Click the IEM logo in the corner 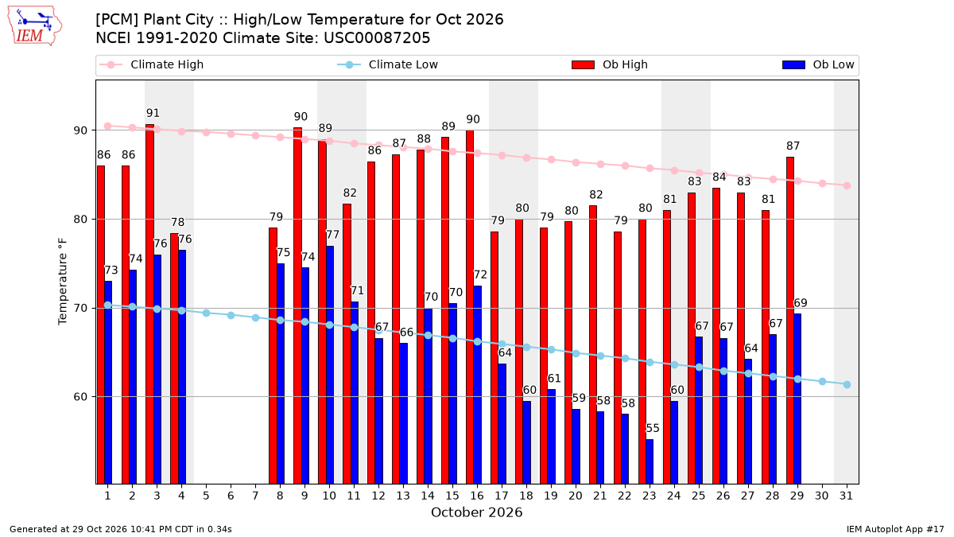coord(35,26)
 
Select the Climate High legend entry coord(151,64)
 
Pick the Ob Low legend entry coord(818,64)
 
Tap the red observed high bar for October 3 coord(150,304)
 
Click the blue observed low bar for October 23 coord(650,461)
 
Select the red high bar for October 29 coord(790,320)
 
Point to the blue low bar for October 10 coord(330,365)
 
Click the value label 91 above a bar coord(153,113)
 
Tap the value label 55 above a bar coord(653,428)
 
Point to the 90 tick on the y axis coord(80,130)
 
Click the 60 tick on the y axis coord(80,397)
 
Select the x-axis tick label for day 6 coord(231,496)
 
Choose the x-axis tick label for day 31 coord(846,496)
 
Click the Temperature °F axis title coord(63,282)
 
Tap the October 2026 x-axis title coord(476,512)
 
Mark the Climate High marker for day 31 coord(847,186)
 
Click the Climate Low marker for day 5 coord(206,313)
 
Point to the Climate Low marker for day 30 coord(822,381)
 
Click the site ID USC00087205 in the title coord(377,38)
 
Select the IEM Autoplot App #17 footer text coord(895,529)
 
